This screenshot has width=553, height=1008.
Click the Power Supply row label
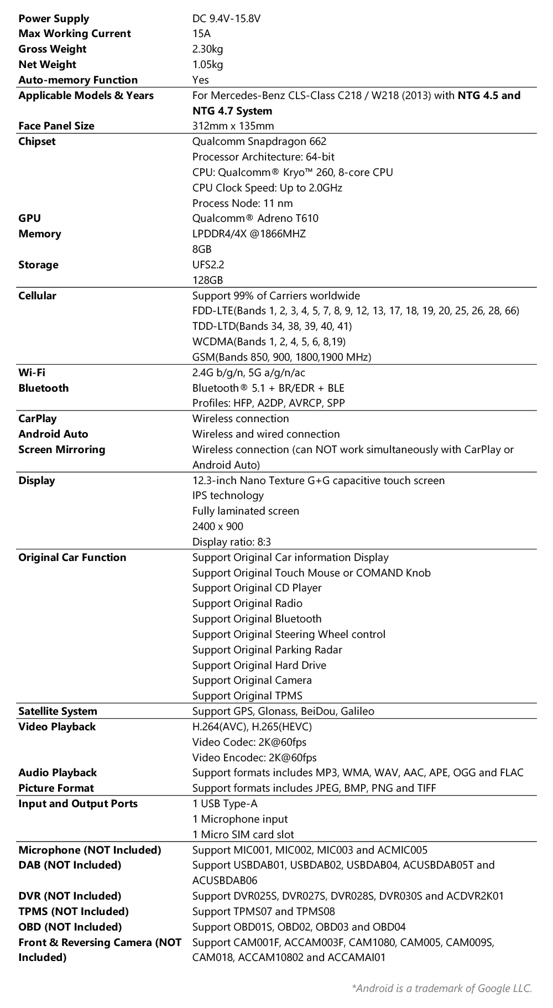[x=54, y=18]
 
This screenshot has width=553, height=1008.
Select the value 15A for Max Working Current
[x=201, y=34]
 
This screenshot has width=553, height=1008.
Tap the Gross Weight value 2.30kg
[x=207, y=49]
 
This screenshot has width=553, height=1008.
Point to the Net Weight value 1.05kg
[x=207, y=65]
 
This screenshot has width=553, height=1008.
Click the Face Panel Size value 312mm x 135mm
[x=233, y=126]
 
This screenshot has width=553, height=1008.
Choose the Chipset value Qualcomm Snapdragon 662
[x=259, y=141]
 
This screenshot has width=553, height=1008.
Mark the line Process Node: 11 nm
[x=242, y=203]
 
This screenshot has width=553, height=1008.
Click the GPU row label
[x=29, y=218]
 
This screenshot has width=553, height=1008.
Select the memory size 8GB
[x=202, y=249]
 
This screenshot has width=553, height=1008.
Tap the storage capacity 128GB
[x=207, y=280]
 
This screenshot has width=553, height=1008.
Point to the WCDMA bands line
[x=269, y=341]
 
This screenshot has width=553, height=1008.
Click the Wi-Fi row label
[x=32, y=372]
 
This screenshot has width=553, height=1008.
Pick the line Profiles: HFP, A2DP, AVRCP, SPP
[x=268, y=403]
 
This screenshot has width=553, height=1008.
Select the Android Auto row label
[x=53, y=434]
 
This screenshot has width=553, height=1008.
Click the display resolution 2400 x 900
[x=217, y=526]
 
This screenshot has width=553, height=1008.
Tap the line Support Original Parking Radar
[x=267, y=650]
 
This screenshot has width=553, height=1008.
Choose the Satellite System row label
[x=58, y=711]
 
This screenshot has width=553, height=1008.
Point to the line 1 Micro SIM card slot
[x=243, y=834]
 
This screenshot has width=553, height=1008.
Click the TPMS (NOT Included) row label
[x=73, y=911]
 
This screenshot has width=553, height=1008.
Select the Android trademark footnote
[x=441, y=988]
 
